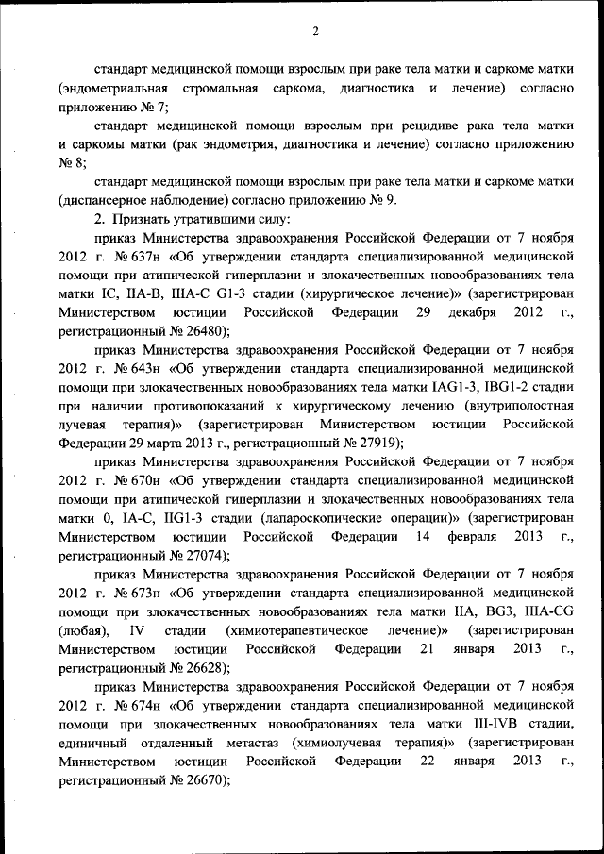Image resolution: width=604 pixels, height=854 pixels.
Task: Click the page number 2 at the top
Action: (316, 31)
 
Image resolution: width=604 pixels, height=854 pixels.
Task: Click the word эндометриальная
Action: (112, 88)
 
